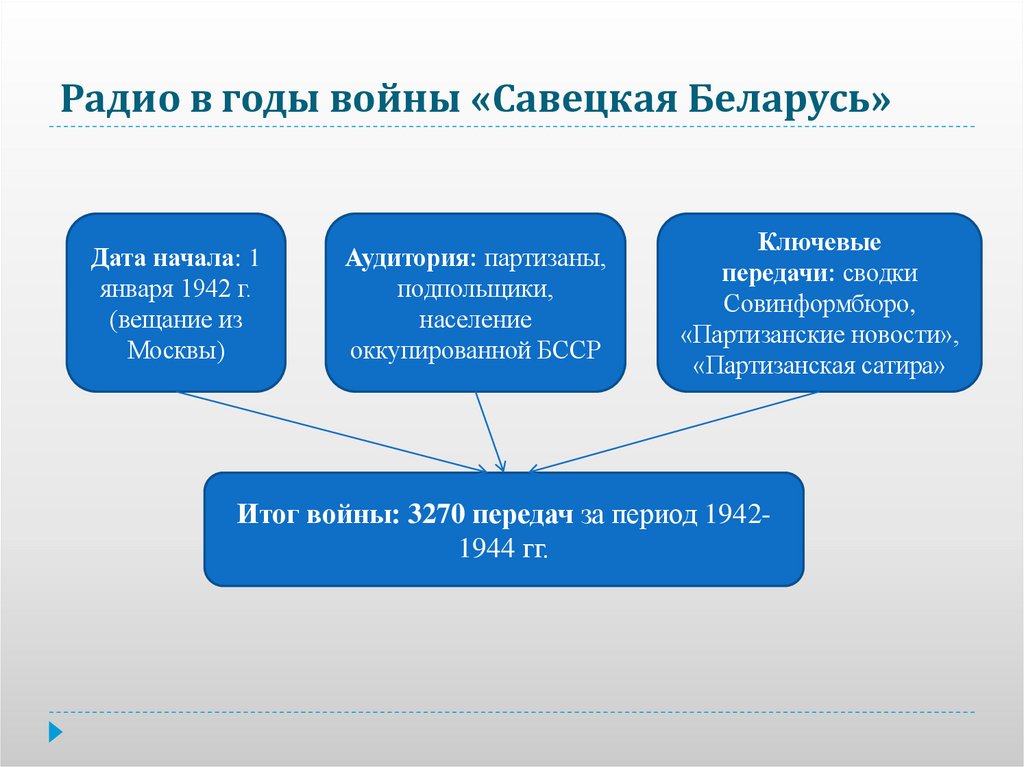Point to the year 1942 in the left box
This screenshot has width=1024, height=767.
[x=206, y=289]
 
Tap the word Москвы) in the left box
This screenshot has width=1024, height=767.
[x=176, y=351]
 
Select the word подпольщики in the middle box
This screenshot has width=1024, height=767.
[x=475, y=289]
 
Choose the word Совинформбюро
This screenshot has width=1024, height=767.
[x=819, y=303]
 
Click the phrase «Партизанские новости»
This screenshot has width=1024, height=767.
[x=819, y=334]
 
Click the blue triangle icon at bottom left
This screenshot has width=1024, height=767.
[x=55, y=731]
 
